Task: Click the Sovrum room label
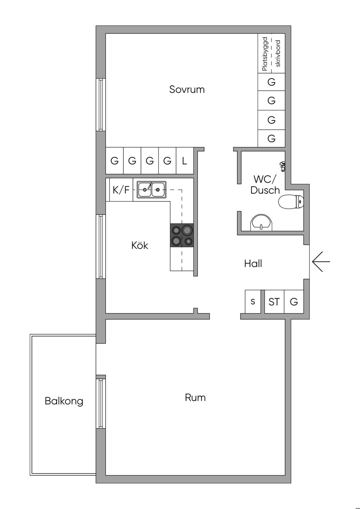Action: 187,89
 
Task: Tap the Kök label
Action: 140,245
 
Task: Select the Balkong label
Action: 64,401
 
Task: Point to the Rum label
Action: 195,398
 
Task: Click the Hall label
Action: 253,264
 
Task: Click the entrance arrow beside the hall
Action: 321,262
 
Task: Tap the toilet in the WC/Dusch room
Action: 291,202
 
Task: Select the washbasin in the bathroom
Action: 261,223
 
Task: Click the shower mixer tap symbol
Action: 282,166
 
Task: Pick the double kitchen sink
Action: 152,190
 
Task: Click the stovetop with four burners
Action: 182,236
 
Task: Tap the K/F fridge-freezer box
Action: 121,190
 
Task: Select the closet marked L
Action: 185,161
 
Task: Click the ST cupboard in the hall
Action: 274,302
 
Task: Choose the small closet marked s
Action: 253,302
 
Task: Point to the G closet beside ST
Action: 294,302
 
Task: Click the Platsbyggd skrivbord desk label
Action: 271,53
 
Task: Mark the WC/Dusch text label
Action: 265,185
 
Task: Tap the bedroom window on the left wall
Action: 101,104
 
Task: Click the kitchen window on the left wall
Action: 101,246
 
